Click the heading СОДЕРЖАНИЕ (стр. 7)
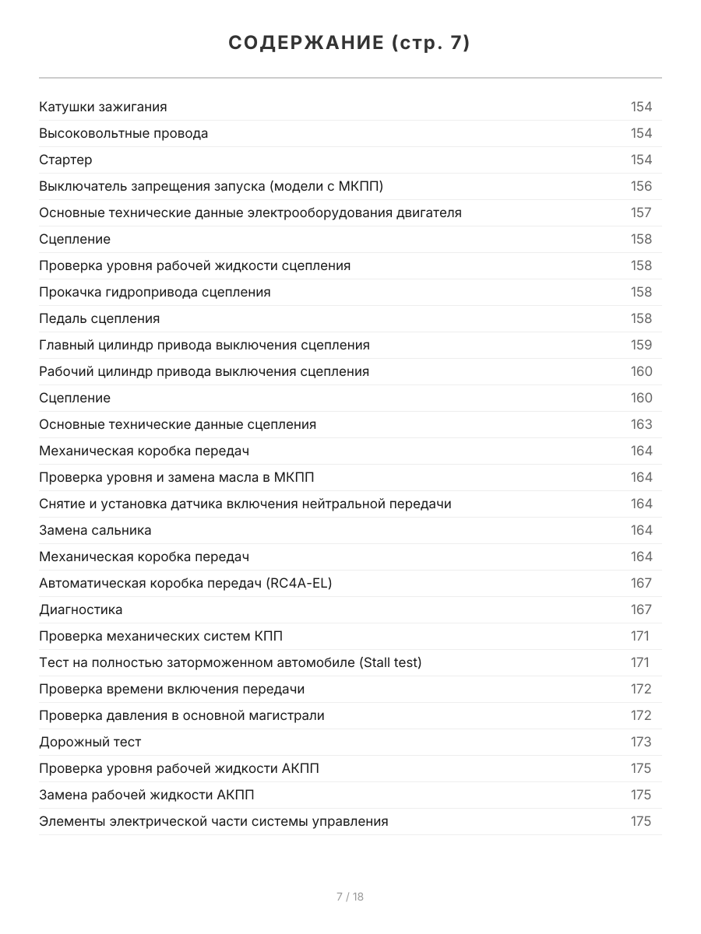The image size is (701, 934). point(350,44)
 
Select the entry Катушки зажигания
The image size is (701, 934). point(103,107)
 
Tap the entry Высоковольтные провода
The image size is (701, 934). point(123,133)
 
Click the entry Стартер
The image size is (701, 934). point(65,160)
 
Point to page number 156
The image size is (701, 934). point(641,186)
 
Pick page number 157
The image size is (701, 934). point(641,212)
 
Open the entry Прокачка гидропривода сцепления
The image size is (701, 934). point(155,292)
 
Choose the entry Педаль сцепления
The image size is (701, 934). point(99,318)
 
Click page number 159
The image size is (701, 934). point(641,345)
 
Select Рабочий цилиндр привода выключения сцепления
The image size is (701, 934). point(204,371)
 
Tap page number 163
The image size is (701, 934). point(641,424)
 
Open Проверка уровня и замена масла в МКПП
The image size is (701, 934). point(177,477)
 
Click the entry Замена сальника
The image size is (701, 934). point(95,530)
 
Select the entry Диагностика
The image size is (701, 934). point(80,609)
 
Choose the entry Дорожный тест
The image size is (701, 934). point(90,742)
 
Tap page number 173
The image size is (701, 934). point(641,742)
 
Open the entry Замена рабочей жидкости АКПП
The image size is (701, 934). point(146,795)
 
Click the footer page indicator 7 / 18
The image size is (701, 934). point(350,897)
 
